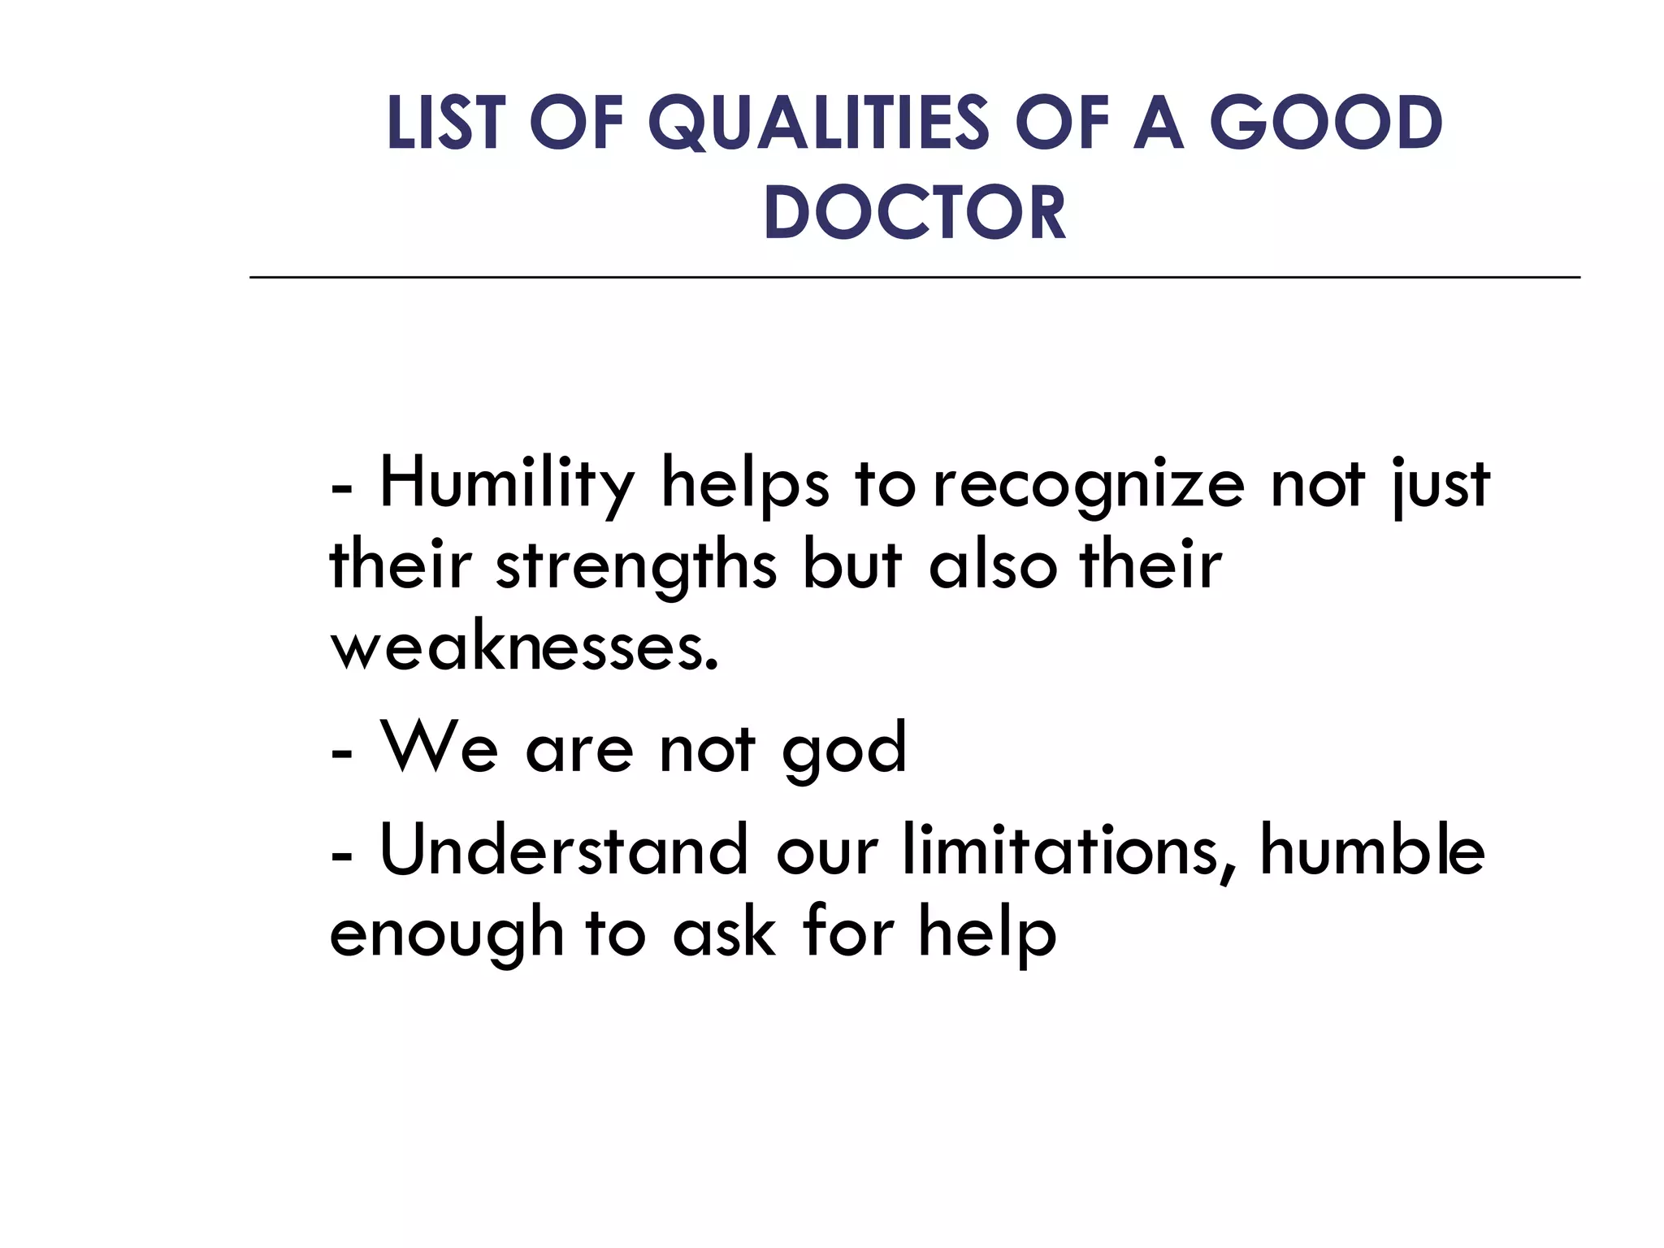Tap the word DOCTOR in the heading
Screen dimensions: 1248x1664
(914, 213)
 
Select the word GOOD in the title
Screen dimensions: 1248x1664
(1326, 123)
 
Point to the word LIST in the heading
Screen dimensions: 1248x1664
(444, 123)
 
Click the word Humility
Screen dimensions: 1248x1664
(506, 485)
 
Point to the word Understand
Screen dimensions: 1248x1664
(563, 851)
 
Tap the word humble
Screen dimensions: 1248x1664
(1372, 851)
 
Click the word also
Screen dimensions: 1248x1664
(993, 566)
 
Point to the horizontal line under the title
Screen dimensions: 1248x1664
(914, 278)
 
